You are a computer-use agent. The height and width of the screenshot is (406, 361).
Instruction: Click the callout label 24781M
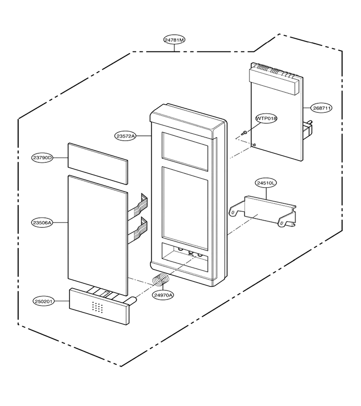pos(175,40)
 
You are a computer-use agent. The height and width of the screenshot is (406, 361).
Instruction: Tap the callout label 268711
pos(322,108)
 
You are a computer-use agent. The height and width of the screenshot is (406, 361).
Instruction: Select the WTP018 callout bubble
pos(266,118)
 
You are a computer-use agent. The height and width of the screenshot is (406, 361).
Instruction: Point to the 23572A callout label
pos(125,136)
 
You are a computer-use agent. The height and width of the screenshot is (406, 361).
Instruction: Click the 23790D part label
pos(42,158)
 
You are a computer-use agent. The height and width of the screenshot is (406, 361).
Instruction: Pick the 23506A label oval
pos(42,222)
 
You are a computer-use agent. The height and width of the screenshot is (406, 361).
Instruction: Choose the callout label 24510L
pos(266,183)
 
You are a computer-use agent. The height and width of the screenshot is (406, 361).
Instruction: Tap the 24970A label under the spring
pos(163,295)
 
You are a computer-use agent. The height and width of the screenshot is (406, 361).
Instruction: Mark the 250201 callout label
pos(44,301)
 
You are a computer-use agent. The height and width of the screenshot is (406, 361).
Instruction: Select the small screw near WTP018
pos(244,133)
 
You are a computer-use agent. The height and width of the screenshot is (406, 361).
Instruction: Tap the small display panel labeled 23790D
pos(98,164)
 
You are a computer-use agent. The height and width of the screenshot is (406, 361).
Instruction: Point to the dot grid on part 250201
pos(97,307)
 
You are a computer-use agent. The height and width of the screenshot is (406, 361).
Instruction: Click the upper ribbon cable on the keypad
pos(138,205)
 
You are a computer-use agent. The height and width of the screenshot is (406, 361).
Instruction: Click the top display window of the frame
pos(185,152)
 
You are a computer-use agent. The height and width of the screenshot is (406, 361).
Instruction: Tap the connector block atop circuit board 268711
pos(274,79)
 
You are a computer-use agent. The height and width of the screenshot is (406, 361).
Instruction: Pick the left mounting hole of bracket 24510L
pos(233,212)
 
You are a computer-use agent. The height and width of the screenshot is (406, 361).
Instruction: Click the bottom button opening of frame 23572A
pos(185,257)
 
